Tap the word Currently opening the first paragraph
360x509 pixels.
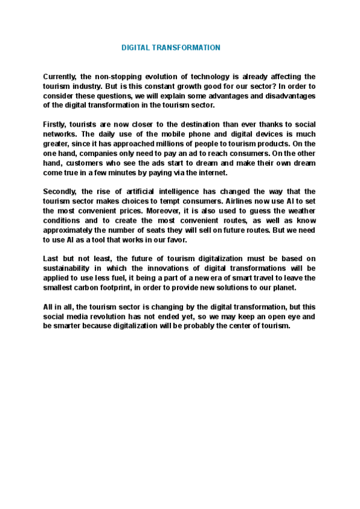pos(62,77)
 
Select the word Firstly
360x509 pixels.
pos(55,125)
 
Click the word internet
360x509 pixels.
pos(214,173)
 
